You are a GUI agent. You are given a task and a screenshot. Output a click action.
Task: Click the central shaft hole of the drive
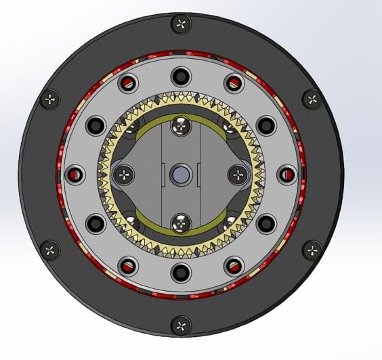click(x=181, y=174)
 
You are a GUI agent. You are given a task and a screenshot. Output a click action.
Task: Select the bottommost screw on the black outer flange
click(x=181, y=325)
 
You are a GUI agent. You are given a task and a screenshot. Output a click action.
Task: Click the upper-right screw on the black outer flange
click(x=311, y=99)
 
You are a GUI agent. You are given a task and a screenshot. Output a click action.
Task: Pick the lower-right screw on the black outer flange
click(x=311, y=250)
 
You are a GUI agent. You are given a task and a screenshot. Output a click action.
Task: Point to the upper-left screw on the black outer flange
click(x=51, y=99)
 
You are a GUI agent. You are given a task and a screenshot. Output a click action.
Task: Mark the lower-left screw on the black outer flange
click(x=51, y=250)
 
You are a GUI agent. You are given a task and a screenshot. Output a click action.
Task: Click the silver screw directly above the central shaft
click(x=181, y=126)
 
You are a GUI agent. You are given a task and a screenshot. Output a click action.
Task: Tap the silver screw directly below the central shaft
click(x=181, y=222)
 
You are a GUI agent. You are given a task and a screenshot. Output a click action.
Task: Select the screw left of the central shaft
click(x=124, y=175)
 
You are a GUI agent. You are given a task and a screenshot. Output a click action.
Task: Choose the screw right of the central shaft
click(x=238, y=175)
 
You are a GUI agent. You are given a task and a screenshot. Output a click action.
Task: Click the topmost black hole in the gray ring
click(x=181, y=74)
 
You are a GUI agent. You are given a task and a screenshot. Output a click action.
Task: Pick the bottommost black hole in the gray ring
click(x=181, y=273)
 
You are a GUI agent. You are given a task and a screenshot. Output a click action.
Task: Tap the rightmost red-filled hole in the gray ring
click(x=287, y=175)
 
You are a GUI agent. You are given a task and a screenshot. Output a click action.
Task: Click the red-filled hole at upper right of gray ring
click(x=234, y=84)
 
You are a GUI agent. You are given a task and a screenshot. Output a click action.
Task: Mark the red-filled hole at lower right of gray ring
click(x=234, y=265)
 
